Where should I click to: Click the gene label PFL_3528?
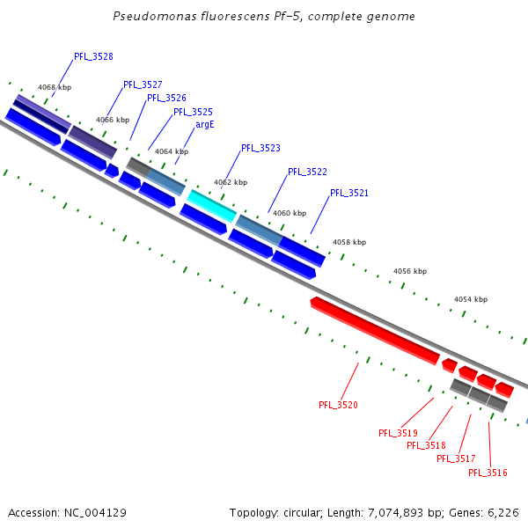[93, 56]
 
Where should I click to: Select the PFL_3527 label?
[143, 84]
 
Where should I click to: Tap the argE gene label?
[205, 125]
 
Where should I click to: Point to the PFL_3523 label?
[260, 148]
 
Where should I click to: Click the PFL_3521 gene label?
[349, 193]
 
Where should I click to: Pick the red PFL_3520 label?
[338, 405]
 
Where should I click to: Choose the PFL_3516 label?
[488, 473]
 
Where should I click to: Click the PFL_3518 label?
[426, 445]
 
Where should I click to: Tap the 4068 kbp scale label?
[55, 87]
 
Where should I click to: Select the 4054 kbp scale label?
[471, 299]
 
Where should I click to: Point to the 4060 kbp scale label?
[290, 213]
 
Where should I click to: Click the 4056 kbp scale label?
[409, 271]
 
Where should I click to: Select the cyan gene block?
[211, 206]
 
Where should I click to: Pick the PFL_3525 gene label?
[193, 112]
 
